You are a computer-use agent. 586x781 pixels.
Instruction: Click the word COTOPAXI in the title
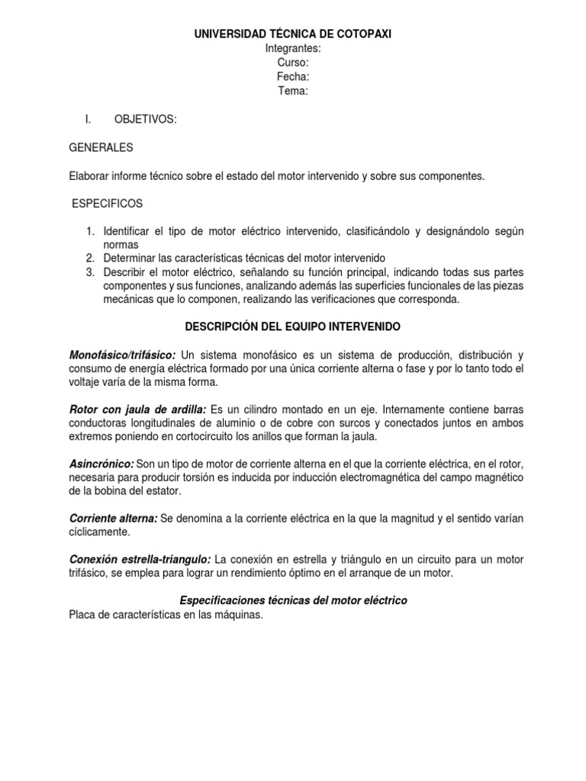click(363, 34)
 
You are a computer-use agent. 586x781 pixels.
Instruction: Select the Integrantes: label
click(293, 48)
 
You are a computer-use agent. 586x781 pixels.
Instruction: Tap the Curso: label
click(293, 63)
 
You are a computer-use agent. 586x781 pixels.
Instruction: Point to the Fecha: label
click(293, 77)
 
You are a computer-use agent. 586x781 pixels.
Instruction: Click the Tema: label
click(293, 92)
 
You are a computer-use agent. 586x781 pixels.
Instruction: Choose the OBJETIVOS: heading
click(146, 119)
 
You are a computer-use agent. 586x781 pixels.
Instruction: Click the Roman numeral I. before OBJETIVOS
click(88, 119)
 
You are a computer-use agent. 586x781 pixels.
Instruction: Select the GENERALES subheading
click(101, 147)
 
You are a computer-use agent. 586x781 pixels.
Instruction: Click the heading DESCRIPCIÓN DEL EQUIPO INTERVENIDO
click(293, 326)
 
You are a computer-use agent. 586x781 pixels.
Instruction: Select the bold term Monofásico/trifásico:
click(122, 355)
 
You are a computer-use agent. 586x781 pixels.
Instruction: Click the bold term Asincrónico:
click(101, 464)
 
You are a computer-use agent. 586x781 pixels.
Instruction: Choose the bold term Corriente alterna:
click(113, 519)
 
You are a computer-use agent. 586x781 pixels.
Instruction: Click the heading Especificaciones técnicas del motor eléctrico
click(293, 601)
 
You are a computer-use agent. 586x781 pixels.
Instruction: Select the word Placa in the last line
click(82, 615)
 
